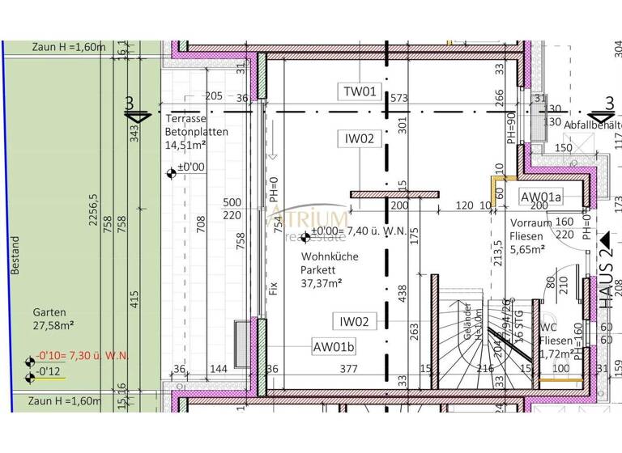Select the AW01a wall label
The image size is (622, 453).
(x=542, y=197)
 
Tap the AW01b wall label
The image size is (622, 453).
(x=334, y=348)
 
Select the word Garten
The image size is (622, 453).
(x=49, y=311)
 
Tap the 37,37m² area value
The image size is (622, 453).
(x=321, y=282)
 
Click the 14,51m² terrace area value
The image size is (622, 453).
(x=185, y=146)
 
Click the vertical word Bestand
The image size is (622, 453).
(x=15, y=256)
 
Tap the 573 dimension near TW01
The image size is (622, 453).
(x=398, y=98)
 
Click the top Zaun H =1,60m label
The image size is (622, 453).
(x=69, y=47)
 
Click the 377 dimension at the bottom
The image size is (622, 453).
(x=347, y=370)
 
